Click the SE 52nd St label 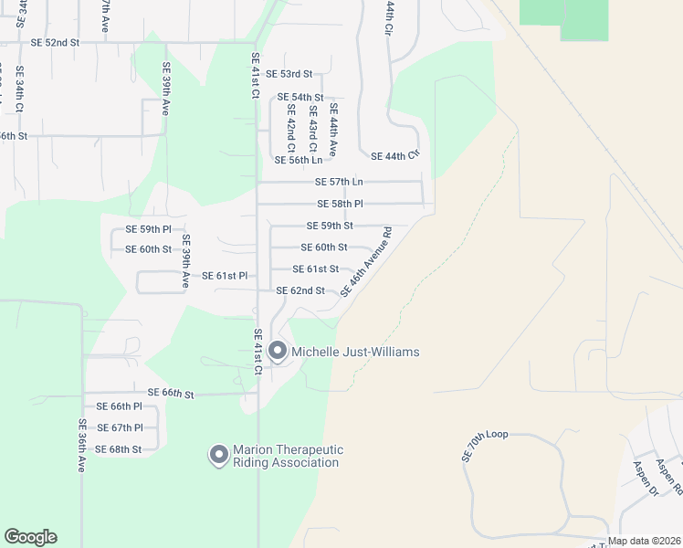[x=55, y=43]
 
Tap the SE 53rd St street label [x=289, y=74]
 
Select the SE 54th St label [x=300, y=97]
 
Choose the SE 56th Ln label [x=299, y=160]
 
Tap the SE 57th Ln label [x=338, y=182]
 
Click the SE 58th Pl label [x=340, y=204]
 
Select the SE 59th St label [x=330, y=226]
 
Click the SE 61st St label [x=316, y=269]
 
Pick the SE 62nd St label [x=300, y=291]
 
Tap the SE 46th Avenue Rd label [x=366, y=262]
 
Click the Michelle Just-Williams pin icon [x=277, y=351]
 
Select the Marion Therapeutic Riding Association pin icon [x=218, y=454]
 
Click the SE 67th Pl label [x=120, y=427]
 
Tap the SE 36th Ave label [x=81, y=445]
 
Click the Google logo [x=30, y=537]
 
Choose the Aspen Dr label [x=646, y=478]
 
